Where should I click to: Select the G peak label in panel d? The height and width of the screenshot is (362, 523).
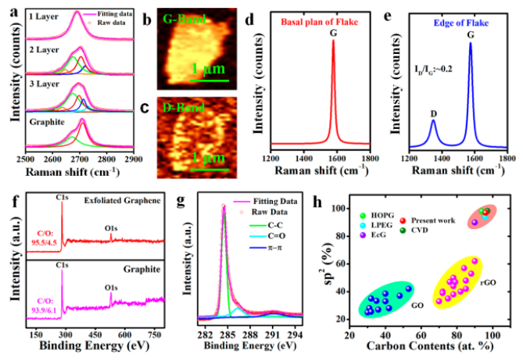333,30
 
